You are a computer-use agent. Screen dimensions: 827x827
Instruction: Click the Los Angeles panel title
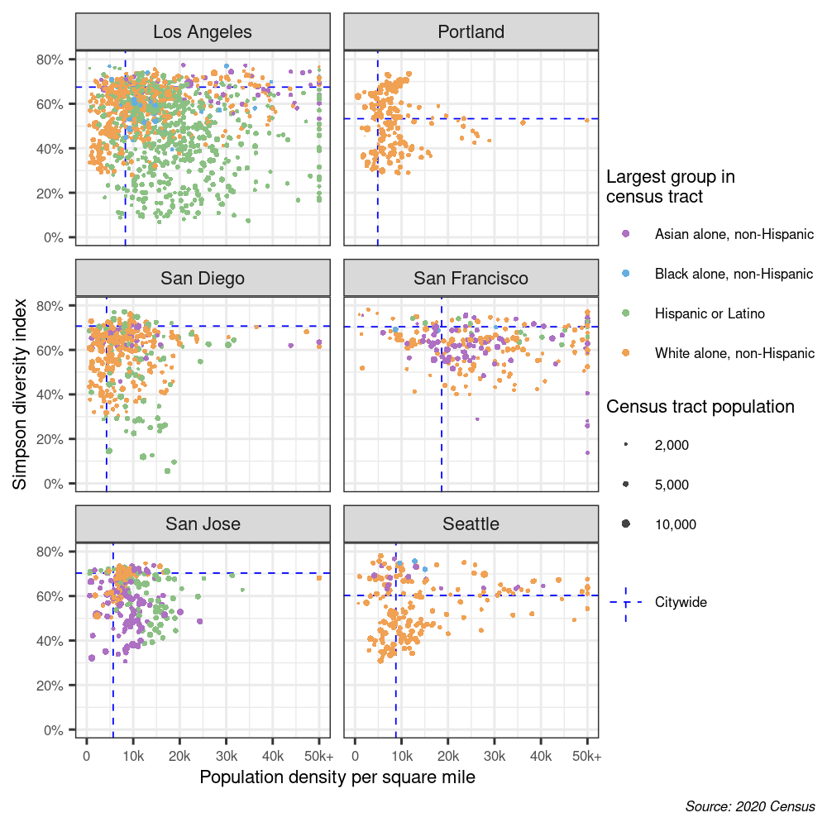point(203,32)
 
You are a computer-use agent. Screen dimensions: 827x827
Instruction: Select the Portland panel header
point(471,32)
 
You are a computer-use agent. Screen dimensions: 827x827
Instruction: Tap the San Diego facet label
point(203,278)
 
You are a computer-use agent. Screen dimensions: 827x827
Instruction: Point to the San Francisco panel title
point(471,278)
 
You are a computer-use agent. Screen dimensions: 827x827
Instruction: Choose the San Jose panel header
point(203,523)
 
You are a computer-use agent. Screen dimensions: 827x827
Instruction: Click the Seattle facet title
point(471,523)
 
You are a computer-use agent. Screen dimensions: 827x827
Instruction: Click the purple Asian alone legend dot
point(626,234)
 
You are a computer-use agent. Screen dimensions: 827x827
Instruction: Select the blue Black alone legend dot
point(626,274)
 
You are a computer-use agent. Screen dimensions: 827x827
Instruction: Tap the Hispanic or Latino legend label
point(710,313)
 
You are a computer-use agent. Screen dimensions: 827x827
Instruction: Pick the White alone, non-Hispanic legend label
point(734,353)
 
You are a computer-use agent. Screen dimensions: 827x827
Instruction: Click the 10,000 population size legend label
point(676,524)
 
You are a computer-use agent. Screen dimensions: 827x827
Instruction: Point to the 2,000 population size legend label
point(672,445)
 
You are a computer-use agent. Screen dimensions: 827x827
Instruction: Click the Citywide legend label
point(681,602)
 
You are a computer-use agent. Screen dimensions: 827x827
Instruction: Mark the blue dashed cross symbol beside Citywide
point(626,603)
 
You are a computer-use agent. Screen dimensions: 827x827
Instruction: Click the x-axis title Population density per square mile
point(337,778)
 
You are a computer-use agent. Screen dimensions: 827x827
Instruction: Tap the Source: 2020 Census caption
point(750,806)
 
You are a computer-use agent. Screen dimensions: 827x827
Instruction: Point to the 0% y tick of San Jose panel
point(54,730)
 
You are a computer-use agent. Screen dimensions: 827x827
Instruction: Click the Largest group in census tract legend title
point(670,187)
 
